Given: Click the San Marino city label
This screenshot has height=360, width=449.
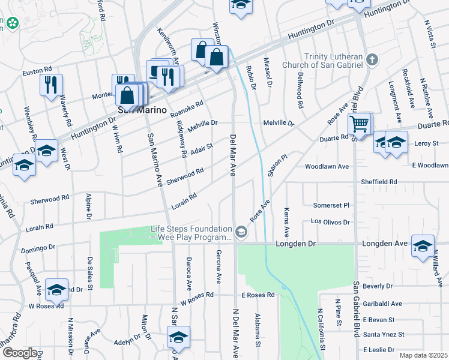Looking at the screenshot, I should (133, 110).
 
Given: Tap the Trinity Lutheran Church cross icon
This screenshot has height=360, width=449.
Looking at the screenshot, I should (372, 59).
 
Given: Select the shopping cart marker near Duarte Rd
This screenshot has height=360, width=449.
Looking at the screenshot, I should (359, 125).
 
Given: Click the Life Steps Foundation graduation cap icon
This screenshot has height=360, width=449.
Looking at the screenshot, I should (241, 232).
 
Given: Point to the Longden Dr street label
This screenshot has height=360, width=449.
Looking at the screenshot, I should (295, 244).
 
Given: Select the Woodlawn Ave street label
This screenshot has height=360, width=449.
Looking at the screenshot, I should (327, 166).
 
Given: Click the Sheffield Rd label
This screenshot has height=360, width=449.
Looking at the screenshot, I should (379, 181).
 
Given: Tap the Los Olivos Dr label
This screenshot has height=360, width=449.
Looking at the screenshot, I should (330, 221).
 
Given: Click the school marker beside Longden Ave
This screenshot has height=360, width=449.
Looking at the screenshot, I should (423, 246).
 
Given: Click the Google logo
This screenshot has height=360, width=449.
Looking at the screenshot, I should (19, 353).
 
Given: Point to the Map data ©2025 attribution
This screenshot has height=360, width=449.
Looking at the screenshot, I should (424, 355).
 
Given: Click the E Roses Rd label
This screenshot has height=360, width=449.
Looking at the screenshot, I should (258, 295).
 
